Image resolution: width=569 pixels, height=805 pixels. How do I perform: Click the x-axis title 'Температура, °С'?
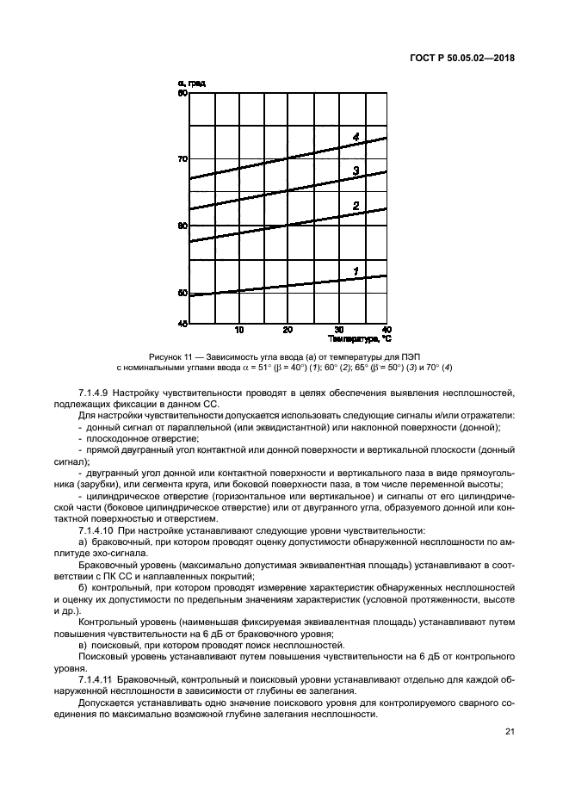point(358,338)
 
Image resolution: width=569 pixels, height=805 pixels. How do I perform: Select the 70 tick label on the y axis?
point(182,159)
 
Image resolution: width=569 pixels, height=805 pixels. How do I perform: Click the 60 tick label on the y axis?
point(182,226)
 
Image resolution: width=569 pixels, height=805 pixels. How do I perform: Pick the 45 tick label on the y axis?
point(182,324)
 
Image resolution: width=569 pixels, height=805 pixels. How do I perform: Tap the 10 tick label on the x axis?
point(238,330)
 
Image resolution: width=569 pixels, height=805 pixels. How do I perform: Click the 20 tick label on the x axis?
point(288,330)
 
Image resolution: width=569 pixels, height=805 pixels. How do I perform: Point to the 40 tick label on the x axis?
point(386,330)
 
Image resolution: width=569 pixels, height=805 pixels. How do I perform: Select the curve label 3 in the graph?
point(356,171)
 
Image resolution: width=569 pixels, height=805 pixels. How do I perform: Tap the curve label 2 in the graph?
point(356,205)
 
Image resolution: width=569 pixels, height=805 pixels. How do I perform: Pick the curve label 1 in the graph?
point(355,271)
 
